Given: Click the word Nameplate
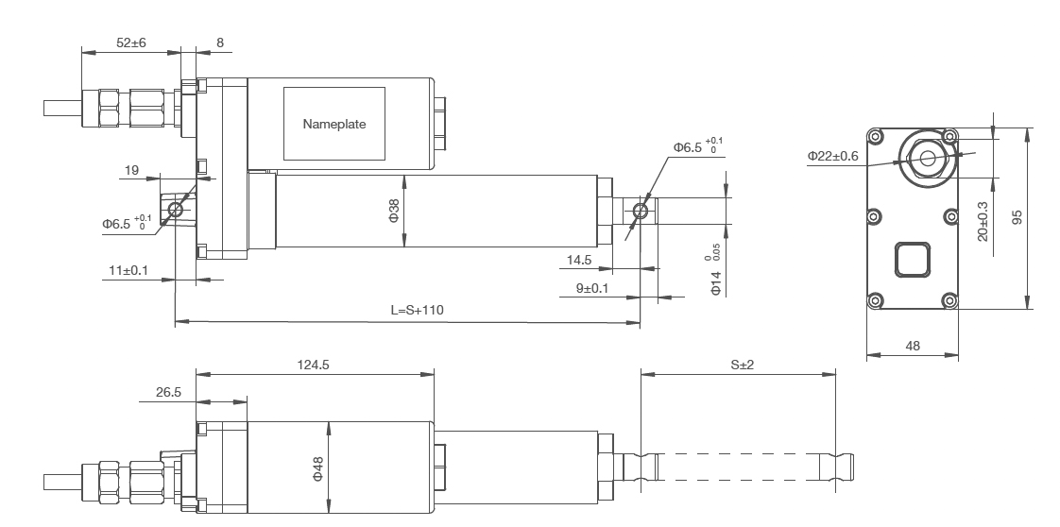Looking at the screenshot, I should pos(333,124).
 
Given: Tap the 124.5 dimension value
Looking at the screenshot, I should pos(313,363).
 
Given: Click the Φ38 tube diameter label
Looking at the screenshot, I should pos(394,212).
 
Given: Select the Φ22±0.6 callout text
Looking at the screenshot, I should pos(832,156).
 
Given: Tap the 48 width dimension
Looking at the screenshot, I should pos(914,347).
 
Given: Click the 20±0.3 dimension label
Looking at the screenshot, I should pos(983,220).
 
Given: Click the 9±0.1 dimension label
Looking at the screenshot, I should pos(593,287).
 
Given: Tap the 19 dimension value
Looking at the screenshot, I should pos(131,171).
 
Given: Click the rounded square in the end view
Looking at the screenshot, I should pos(912,257).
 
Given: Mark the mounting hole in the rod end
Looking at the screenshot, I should pos(641,210).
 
